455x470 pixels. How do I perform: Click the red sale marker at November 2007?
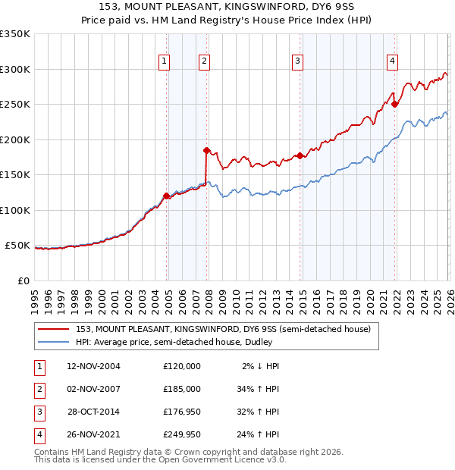pos(206,150)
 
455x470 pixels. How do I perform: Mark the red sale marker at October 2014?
pos(300,155)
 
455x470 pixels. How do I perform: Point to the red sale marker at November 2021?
pos(395,105)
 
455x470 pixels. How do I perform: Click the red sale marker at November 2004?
pos(167,196)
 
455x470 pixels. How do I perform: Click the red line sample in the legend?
pos(54,330)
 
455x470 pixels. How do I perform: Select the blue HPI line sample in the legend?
pos(54,343)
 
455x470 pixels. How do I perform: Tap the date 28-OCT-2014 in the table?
pos(93,412)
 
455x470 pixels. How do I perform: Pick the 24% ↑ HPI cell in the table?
pos(259,435)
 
